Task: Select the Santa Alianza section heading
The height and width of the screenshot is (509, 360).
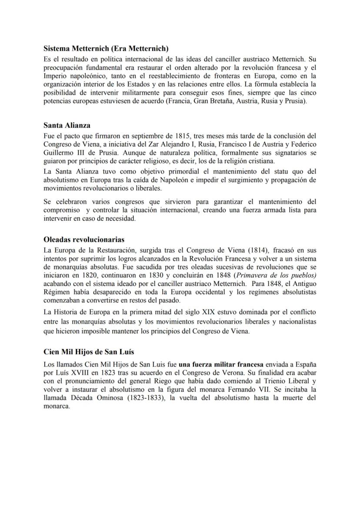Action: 67,126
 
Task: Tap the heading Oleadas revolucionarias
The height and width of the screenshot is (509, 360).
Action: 84,240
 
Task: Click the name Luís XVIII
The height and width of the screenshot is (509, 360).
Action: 71,372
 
